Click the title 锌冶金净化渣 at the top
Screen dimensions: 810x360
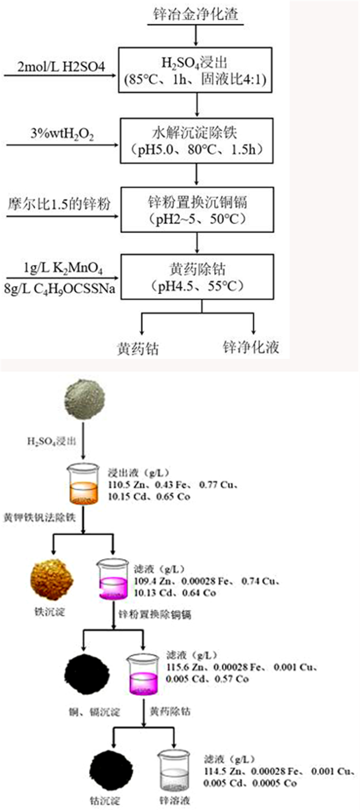[195, 14]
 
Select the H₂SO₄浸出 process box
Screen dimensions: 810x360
[196, 70]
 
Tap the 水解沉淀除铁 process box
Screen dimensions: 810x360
[196, 141]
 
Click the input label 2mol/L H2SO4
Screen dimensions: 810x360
[61, 67]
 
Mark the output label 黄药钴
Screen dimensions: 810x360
[137, 349]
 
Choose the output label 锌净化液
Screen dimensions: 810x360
[251, 347]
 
